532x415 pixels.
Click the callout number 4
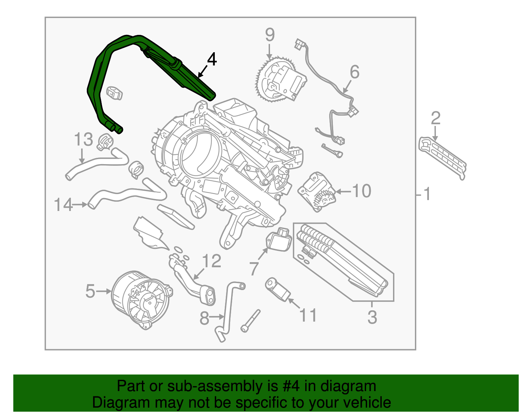point(212,59)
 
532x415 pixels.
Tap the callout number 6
point(354,72)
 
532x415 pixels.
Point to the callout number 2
point(436,118)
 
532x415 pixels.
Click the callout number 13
point(83,139)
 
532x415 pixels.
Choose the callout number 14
point(63,205)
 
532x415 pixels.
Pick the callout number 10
point(361,191)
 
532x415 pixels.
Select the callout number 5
point(90,291)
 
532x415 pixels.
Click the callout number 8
point(204,318)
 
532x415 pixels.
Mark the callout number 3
point(372,317)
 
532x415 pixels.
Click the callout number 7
point(254,268)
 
